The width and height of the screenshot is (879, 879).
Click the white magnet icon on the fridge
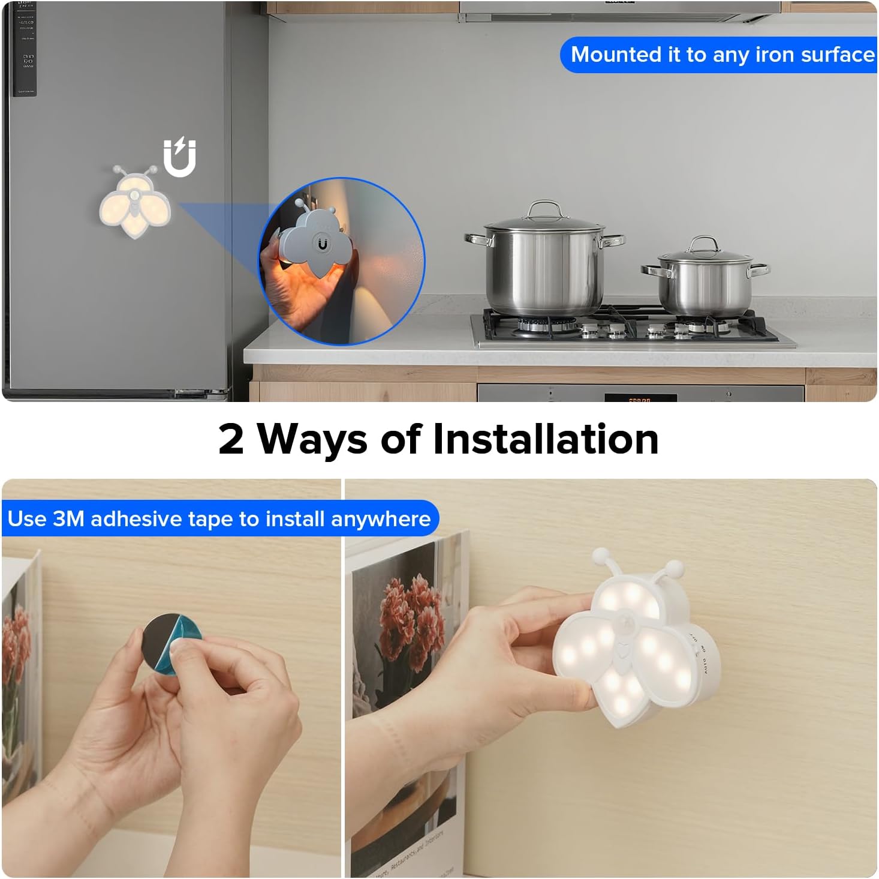pyautogui.click(x=180, y=157)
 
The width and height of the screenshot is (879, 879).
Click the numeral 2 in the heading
pyautogui.click(x=231, y=439)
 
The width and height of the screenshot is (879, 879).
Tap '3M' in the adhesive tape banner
pyautogui.click(x=68, y=518)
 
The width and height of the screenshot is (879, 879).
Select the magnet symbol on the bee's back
pyautogui.click(x=323, y=244)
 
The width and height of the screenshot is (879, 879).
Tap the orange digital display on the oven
pyautogui.click(x=640, y=398)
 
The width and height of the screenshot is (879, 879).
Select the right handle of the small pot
pyautogui.click(x=758, y=268)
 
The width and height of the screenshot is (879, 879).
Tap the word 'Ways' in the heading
pyautogui.click(x=312, y=439)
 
